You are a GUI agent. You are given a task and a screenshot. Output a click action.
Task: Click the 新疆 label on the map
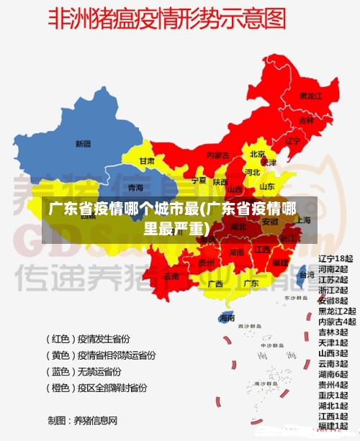pos(84,143)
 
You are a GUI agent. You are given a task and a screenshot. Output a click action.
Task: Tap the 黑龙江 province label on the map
pos(310,96)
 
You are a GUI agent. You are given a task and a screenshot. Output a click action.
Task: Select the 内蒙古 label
pos(217,155)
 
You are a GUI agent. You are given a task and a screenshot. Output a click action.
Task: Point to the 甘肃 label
pos(147,161)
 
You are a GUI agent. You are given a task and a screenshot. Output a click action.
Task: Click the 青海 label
pos(135,188)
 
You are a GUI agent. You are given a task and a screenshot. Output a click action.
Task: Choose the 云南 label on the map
pos(171,276)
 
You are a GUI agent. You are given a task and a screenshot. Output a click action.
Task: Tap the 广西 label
pos(215,283)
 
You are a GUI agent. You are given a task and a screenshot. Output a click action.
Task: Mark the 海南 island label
pos(227,317)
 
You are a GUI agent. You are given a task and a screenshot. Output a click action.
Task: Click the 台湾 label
pos(307,275)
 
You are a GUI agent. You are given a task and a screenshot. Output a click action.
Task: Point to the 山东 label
pos(266,186)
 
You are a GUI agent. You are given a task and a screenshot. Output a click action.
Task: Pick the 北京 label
pos(258,154)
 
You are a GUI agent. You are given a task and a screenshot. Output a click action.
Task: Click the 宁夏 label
pos(199,180)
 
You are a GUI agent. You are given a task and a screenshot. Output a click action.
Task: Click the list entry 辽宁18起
pos(336,258)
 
